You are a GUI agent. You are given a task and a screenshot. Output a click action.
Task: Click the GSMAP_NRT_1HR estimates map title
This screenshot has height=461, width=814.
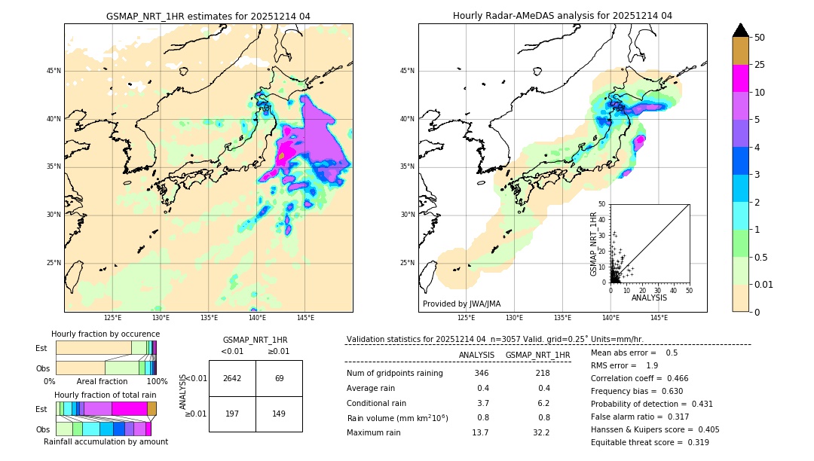coord(208,16)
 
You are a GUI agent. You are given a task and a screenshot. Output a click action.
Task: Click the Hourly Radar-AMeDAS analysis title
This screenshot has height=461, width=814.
coord(562,16)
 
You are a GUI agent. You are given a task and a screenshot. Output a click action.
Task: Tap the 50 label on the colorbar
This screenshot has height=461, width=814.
coord(760,38)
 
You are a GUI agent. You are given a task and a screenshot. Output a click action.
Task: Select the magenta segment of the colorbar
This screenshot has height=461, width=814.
coord(740,78)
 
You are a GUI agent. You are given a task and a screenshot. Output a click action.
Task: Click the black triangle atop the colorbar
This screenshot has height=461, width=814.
coord(740,30)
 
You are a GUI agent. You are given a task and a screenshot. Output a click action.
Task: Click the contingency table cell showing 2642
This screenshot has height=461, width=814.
coord(232,378)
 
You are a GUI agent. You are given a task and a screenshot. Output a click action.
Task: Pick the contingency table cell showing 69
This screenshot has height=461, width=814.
coord(279,378)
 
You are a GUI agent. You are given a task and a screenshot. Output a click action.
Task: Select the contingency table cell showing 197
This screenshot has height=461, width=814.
coord(232,414)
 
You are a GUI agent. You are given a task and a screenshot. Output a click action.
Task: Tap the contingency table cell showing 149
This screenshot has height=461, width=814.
coord(279,414)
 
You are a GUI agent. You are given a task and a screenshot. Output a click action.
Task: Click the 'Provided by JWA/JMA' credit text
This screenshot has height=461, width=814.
coord(461,304)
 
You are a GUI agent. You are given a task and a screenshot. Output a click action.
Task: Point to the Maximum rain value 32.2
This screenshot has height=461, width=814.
coord(540,432)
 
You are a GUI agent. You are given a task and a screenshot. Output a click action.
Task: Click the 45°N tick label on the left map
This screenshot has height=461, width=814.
coord(54,71)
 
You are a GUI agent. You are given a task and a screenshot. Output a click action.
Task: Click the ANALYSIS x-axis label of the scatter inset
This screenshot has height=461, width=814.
coord(649,298)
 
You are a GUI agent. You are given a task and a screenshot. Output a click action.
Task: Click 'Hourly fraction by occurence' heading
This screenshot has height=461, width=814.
coord(106,334)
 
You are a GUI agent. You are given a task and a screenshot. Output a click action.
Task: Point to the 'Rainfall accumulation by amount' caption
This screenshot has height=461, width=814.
coord(106,441)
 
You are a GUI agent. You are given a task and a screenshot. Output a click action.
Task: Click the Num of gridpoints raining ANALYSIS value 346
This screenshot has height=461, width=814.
coord(482,374)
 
